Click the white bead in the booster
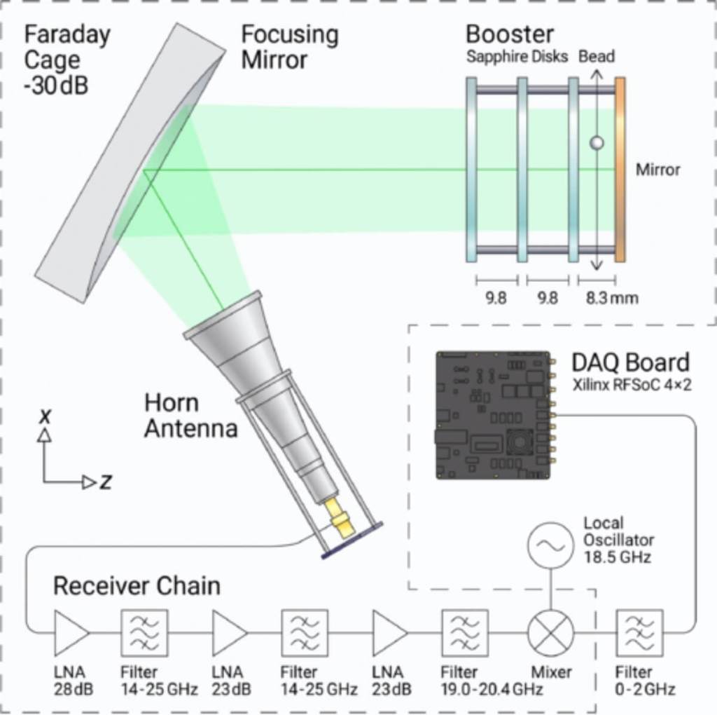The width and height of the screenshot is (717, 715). click(x=597, y=143)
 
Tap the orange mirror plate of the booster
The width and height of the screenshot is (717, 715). click(x=620, y=170)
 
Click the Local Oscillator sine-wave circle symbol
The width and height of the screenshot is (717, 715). click(x=550, y=545)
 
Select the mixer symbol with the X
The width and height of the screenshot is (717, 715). click(x=550, y=632)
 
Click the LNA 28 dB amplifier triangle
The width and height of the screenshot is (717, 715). click(x=71, y=632)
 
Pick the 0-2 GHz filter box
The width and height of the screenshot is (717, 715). click(x=640, y=632)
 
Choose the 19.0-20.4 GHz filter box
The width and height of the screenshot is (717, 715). click(x=465, y=632)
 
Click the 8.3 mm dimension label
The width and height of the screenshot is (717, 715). click(x=612, y=298)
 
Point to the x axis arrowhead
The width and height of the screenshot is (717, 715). click(x=44, y=435)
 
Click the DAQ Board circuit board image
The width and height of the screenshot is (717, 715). click(x=493, y=416)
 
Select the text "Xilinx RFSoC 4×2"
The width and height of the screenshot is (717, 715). click(x=632, y=385)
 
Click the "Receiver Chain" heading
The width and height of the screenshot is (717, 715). click(x=137, y=585)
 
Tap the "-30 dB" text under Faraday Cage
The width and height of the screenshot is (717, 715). click(x=56, y=86)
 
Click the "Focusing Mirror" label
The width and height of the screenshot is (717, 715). click(x=290, y=47)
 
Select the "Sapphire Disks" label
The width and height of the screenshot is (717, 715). click(x=517, y=57)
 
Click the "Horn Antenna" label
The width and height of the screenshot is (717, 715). click(x=191, y=416)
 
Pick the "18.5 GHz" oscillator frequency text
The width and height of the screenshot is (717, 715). click(x=618, y=557)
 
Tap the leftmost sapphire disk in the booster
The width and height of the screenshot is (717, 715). click(x=471, y=170)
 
